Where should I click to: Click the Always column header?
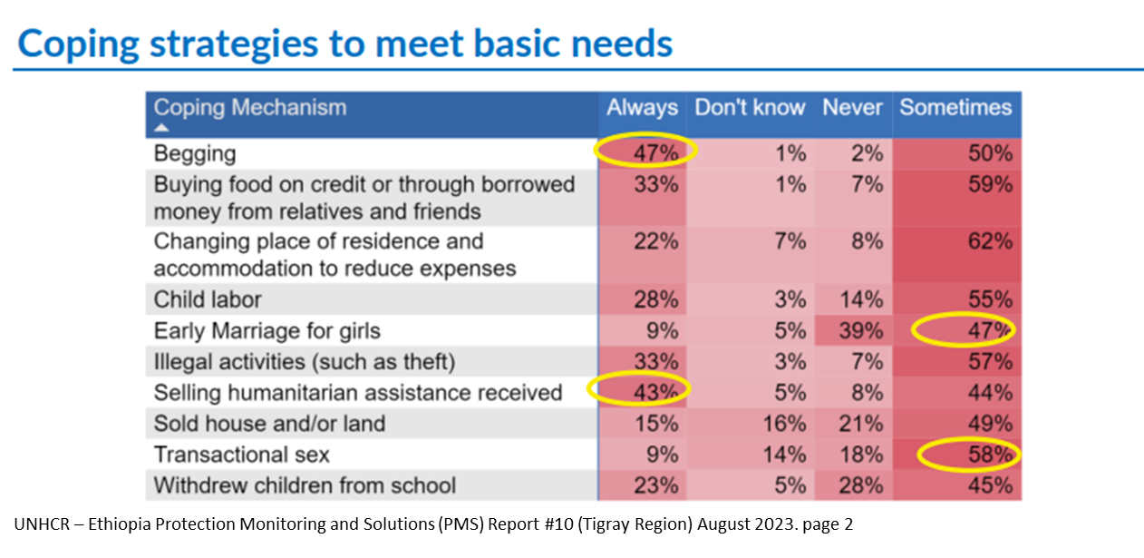point(642,108)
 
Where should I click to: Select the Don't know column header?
point(750,108)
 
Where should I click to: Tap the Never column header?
point(852,108)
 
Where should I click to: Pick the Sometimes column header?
point(955,108)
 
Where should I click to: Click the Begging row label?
point(195,154)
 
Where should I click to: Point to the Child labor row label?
point(208,299)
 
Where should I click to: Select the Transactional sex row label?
point(241,455)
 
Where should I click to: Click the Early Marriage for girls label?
point(267,331)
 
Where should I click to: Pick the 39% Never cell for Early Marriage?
point(860,330)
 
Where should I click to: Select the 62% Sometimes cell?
point(990,241)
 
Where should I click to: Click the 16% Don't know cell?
point(784,424)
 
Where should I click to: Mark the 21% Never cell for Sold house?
point(860,424)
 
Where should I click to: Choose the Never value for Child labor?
point(861,299)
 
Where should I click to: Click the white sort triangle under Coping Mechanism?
point(161,127)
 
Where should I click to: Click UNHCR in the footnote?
point(42,524)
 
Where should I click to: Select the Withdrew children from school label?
point(305,485)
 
